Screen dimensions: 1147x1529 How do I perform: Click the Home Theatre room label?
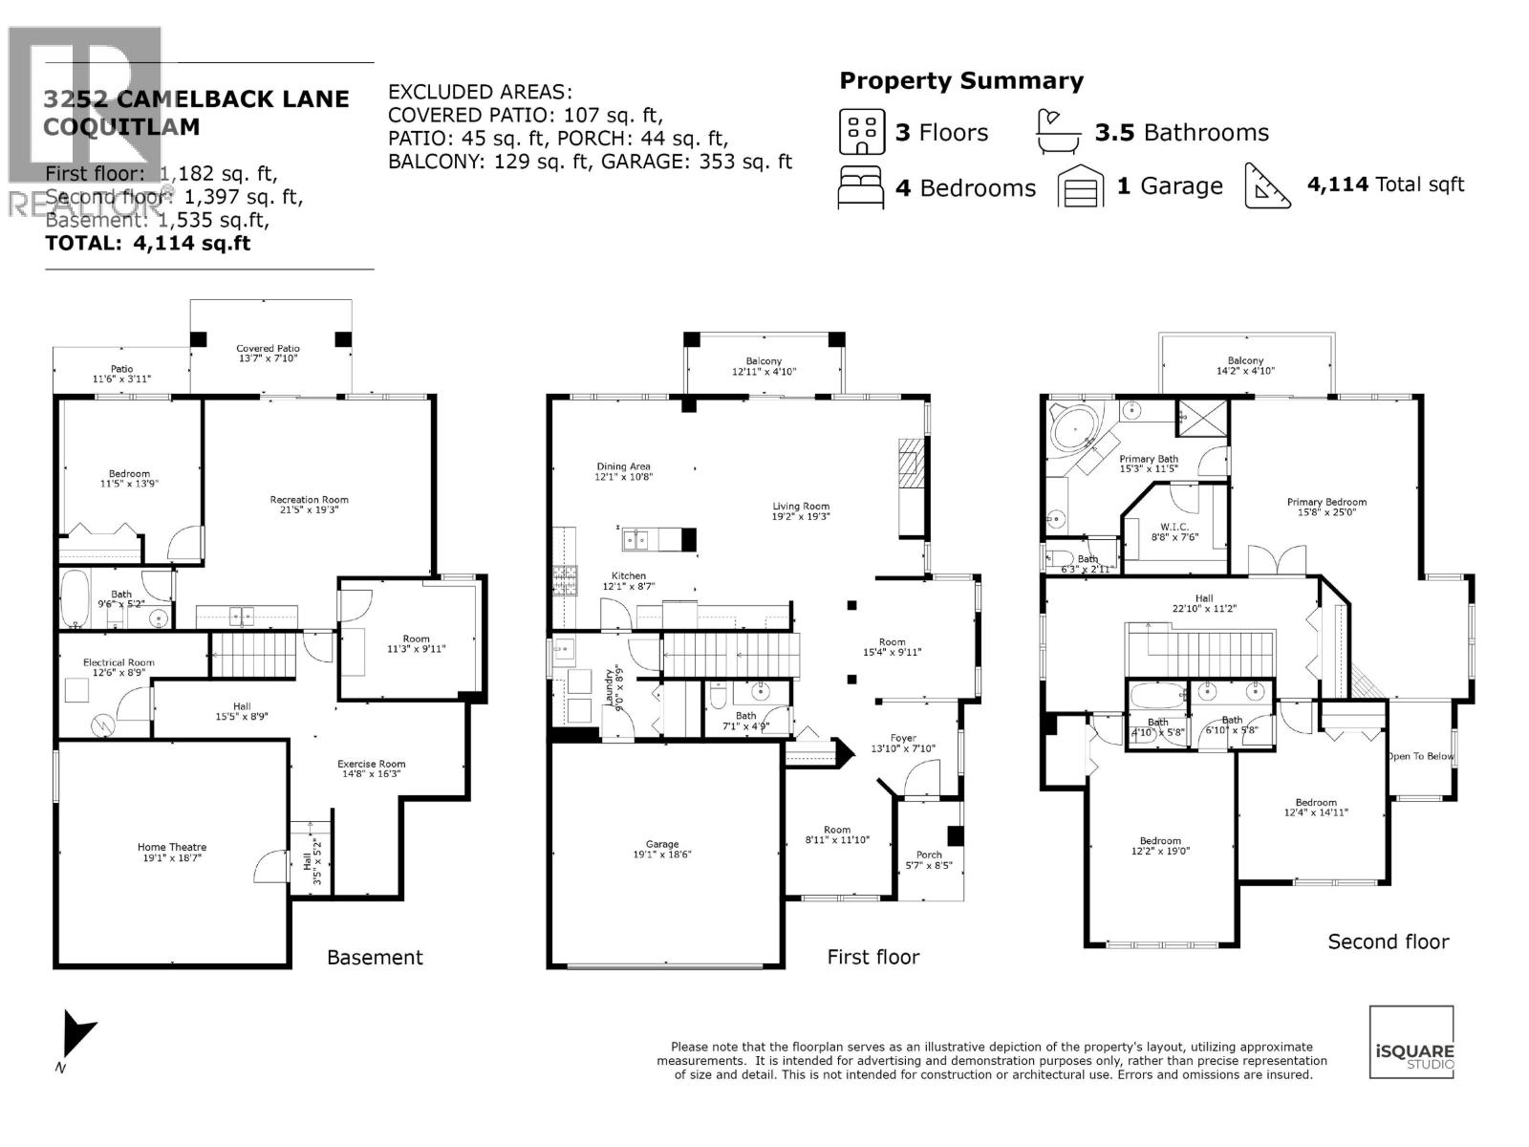click(172, 847)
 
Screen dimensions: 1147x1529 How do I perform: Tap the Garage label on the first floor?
click(662, 844)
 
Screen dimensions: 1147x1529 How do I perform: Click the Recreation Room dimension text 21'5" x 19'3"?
click(309, 510)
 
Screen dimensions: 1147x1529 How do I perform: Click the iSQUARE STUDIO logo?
click(1411, 1042)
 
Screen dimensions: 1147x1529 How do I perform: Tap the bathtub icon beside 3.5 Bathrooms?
click(1060, 132)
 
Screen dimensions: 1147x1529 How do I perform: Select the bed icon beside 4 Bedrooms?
click(861, 186)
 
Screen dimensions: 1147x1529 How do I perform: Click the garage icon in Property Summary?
click(1081, 186)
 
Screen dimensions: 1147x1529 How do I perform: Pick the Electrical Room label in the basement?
click(118, 662)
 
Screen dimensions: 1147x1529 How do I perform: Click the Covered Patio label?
click(269, 349)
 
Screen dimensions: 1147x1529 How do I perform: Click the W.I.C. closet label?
click(1174, 527)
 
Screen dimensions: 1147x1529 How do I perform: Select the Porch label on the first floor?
click(929, 855)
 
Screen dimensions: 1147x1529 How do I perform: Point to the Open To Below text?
click(1419, 756)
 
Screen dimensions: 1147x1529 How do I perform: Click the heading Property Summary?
click(961, 81)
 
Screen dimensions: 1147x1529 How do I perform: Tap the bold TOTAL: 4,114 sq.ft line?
click(148, 243)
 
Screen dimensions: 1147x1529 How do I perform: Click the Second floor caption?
click(1388, 941)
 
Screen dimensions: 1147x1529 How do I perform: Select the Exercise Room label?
click(371, 764)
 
